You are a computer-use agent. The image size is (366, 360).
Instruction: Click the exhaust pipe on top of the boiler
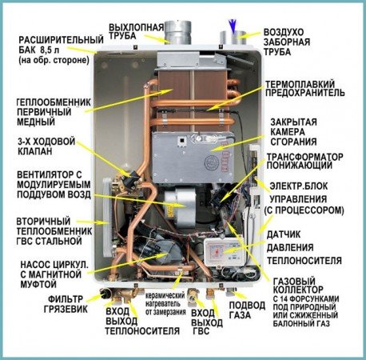(177, 33)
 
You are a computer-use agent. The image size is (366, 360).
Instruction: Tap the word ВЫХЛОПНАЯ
(137, 27)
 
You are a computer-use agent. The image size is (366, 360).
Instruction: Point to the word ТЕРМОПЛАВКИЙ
(300, 84)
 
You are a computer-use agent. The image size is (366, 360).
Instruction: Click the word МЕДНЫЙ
(36, 122)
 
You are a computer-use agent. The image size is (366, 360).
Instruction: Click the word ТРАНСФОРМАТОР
(305, 157)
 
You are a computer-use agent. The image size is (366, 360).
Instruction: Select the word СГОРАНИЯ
(294, 142)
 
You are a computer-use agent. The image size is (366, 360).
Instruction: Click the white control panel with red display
(223, 252)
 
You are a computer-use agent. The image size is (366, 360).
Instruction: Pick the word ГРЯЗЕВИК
(66, 309)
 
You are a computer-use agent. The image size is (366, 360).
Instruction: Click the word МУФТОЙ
(38, 284)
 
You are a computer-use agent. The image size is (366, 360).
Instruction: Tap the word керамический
(165, 296)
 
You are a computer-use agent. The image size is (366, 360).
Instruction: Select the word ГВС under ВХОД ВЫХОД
(201, 331)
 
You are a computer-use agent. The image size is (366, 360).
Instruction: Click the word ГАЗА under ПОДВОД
(240, 315)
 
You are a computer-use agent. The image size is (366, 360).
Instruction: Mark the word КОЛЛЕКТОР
(298, 290)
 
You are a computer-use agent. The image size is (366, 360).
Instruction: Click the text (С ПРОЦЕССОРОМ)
(304, 210)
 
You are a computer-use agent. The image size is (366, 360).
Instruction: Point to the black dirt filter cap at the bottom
(105, 294)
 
